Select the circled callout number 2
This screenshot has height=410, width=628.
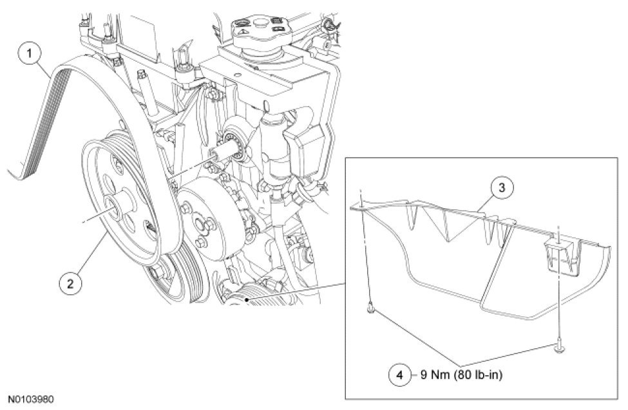coord(70,283)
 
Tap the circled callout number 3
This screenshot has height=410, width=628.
coord(502,188)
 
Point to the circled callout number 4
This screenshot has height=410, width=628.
coord(400,375)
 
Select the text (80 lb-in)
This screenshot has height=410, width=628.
coord(478,375)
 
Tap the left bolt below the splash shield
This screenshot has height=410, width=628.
coord(372,309)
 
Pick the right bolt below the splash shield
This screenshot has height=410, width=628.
coord(558,349)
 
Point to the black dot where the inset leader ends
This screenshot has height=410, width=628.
coord(247,299)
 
